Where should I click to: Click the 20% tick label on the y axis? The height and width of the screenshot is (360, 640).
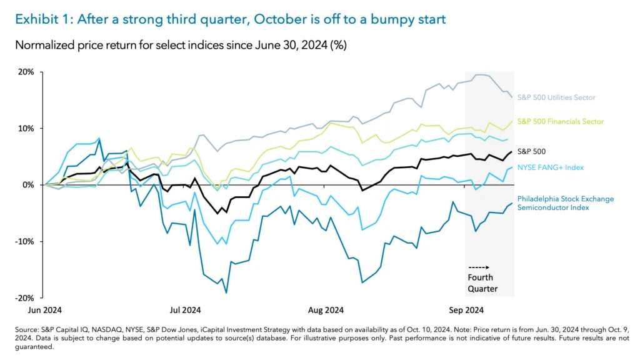pyautogui.click(x=26, y=72)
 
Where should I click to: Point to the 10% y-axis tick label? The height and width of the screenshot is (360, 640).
pyautogui.click(x=26, y=128)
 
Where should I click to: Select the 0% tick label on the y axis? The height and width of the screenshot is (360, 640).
pyautogui.click(x=29, y=185)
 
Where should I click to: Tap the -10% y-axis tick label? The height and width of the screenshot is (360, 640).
pyautogui.click(x=24, y=241)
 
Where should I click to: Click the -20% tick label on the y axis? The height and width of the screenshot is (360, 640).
pyautogui.click(x=24, y=297)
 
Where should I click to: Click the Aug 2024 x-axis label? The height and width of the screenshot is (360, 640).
pyautogui.click(x=326, y=309)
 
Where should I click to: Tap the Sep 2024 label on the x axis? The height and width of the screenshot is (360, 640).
pyautogui.click(x=466, y=309)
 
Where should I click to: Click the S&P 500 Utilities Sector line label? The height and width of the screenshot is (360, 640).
pyautogui.click(x=556, y=97)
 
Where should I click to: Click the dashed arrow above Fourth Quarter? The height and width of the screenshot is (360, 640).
pyautogui.click(x=479, y=267)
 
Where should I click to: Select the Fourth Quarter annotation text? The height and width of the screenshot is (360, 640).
pyautogui.click(x=481, y=283)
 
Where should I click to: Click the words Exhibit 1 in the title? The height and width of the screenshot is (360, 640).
pyautogui.click(x=41, y=19)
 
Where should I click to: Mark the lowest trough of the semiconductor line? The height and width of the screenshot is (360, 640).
pyautogui.click(x=226, y=292)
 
